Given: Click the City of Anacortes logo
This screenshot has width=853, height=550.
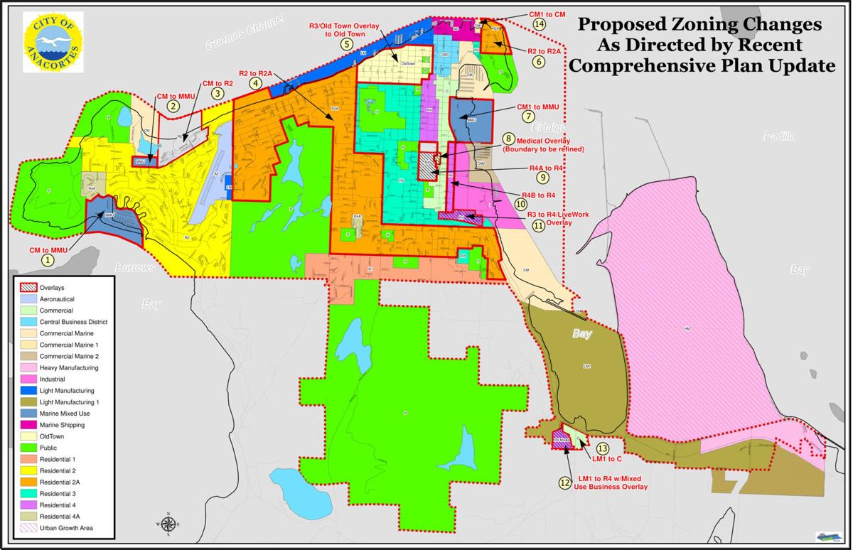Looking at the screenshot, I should [x=53, y=42].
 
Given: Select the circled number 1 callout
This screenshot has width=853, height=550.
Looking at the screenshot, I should [x=48, y=260].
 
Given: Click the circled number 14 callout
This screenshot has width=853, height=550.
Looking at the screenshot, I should [x=540, y=23].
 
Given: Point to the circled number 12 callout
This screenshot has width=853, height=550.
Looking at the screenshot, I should [x=565, y=482].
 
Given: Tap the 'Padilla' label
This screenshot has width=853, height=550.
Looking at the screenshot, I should [x=777, y=136].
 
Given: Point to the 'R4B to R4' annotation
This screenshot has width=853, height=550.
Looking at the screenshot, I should [x=538, y=195].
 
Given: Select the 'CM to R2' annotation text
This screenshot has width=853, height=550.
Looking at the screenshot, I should [x=218, y=83].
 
